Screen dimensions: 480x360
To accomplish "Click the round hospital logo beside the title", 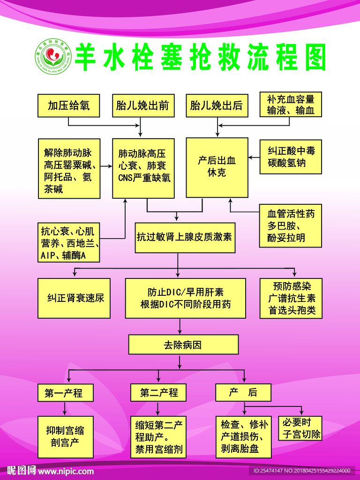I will (x=53, y=56).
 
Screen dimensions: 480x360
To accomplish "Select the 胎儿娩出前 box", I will (x=142, y=105).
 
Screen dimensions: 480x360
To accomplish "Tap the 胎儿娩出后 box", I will (x=216, y=105).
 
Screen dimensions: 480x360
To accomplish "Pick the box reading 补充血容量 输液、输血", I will (x=291, y=105).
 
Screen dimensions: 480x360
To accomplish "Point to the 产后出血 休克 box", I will (x=217, y=167).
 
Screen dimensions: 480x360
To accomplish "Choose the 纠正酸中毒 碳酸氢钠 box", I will (x=291, y=157).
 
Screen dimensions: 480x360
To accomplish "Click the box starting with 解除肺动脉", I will (x=69, y=168).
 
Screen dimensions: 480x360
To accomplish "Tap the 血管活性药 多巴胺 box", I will (x=291, y=226).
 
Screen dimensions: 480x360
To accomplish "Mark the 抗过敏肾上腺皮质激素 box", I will (x=185, y=237).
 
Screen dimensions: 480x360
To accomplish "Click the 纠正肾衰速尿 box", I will (x=74, y=298).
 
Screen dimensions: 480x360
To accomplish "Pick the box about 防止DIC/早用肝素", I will (x=185, y=298).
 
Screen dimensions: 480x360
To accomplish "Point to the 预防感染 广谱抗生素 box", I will (x=291, y=298).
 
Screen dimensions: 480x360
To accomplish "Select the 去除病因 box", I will (x=183, y=345).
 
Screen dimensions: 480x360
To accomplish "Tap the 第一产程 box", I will (x=65, y=393).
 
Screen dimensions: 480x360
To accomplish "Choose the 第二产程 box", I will (x=159, y=393).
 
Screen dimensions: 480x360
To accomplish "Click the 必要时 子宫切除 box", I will (x=300, y=428).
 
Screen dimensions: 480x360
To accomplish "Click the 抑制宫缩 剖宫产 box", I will (x=65, y=436).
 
